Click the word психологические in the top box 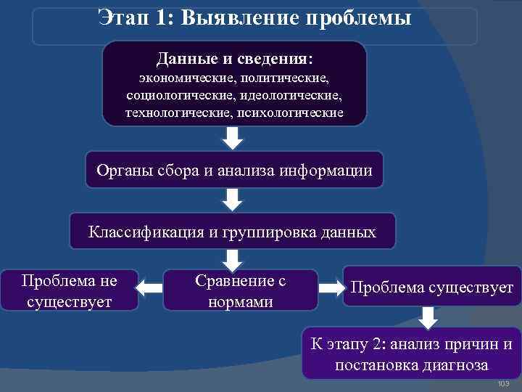coord(288,113)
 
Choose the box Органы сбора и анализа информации coord(234,171)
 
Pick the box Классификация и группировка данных coord(232,232)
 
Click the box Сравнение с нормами coord(241,290)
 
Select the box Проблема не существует coord(70,290)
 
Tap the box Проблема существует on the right coord(431,287)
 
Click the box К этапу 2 coord(411,354)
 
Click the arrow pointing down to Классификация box coord(232,200)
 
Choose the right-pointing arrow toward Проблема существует coord(331,288)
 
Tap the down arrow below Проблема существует coord(428,317)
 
